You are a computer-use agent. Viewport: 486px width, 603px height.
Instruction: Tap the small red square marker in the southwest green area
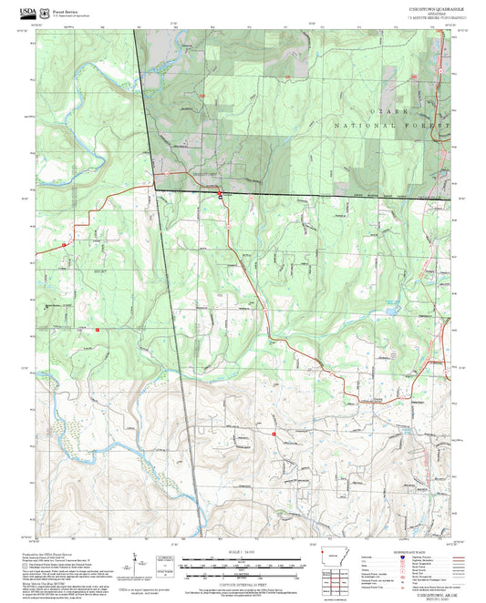click(97, 329)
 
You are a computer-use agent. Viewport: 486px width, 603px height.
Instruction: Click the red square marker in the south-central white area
click(274, 434)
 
